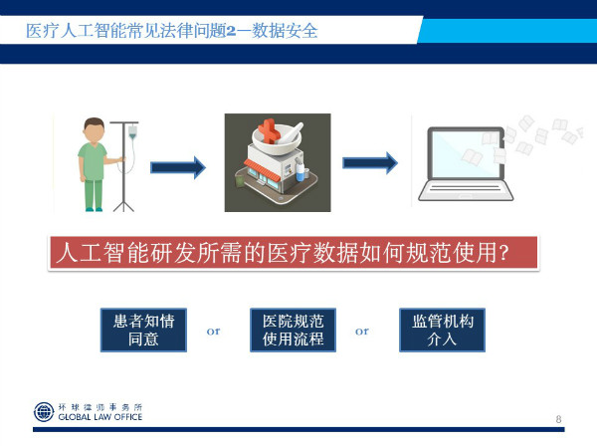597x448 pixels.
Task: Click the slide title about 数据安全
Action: pos(172,31)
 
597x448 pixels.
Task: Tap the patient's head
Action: pos(94,129)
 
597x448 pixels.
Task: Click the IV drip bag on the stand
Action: pos(132,131)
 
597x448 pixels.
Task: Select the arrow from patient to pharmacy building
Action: pos(178,167)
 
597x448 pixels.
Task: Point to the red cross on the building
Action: pos(269,130)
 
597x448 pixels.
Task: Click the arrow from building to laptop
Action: pos(370,163)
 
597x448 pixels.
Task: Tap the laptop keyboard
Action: pos(466,190)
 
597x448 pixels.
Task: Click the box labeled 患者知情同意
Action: pos(143,330)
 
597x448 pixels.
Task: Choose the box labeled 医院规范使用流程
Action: pos(293,330)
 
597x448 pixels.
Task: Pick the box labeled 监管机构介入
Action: pos(442,330)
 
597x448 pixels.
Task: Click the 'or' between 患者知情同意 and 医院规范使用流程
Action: pos(214,332)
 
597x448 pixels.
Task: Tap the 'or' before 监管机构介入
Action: pos(362,332)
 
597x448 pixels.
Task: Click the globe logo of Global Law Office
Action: pos(44,412)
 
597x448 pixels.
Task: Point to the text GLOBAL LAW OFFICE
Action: pos(100,417)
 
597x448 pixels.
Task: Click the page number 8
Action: pos(558,419)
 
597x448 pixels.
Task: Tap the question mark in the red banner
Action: pos(503,253)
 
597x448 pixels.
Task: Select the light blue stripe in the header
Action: pos(507,31)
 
